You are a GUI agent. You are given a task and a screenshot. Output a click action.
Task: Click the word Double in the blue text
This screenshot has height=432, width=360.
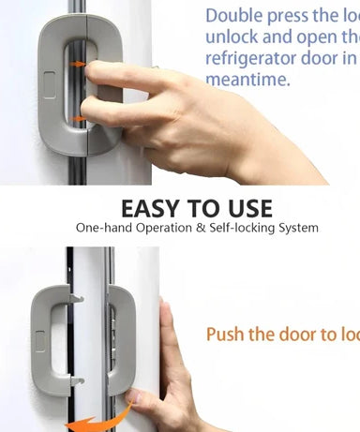(233, 15)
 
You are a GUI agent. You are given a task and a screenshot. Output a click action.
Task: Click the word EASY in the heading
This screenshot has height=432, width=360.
(153, 208)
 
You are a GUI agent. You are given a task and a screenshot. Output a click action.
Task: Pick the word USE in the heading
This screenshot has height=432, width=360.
(248, 208)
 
